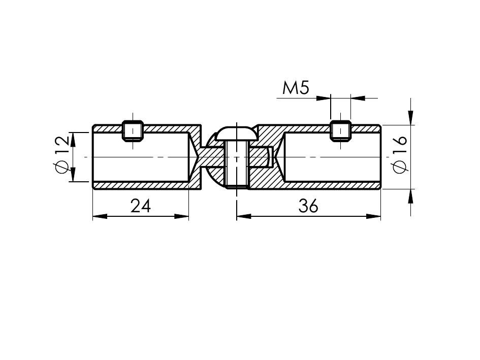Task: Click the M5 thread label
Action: (x=296, y=88)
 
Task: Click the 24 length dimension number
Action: (x=141, y=206)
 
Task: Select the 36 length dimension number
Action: (x=308, y=206)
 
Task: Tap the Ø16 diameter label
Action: (x=400, y=154)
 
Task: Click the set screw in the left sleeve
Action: (x=133, y=131)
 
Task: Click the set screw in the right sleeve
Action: (x=340, y=131)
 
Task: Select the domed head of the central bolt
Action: (x=236, y=133)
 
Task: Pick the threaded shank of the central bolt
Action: (x=237, y=164)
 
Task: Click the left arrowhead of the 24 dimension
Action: (x=100, y=216)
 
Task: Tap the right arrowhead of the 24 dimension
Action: (x=181, y=216)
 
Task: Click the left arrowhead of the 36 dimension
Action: (x=244, y=216)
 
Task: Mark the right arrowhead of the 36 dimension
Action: (x=373, y=216)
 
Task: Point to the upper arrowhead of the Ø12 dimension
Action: (x=73, y=140)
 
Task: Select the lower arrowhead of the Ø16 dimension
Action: (x=411, y=196)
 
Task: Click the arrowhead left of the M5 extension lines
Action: (x=323, y=99)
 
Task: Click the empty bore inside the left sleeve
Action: (x=141, y=157)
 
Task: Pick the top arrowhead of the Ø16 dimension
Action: (x=411, y=118)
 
